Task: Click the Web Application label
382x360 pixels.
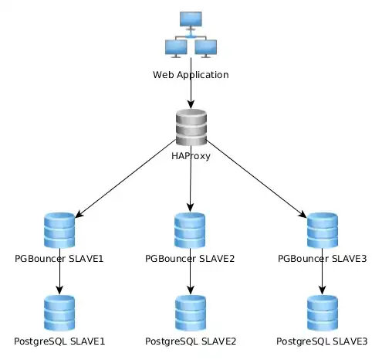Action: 191,75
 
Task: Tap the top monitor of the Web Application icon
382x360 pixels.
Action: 191,19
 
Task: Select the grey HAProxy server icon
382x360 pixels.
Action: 191,127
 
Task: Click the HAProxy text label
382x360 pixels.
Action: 191,157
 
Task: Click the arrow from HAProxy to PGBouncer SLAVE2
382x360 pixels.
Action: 191,185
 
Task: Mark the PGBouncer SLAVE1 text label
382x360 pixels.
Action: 59,257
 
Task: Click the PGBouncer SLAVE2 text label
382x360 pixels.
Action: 191,257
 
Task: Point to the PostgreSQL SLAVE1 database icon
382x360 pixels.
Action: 59,313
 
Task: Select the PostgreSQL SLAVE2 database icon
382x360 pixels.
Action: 191,313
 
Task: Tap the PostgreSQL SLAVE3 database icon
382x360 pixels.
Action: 323,313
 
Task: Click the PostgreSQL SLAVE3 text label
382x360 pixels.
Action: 323,341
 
